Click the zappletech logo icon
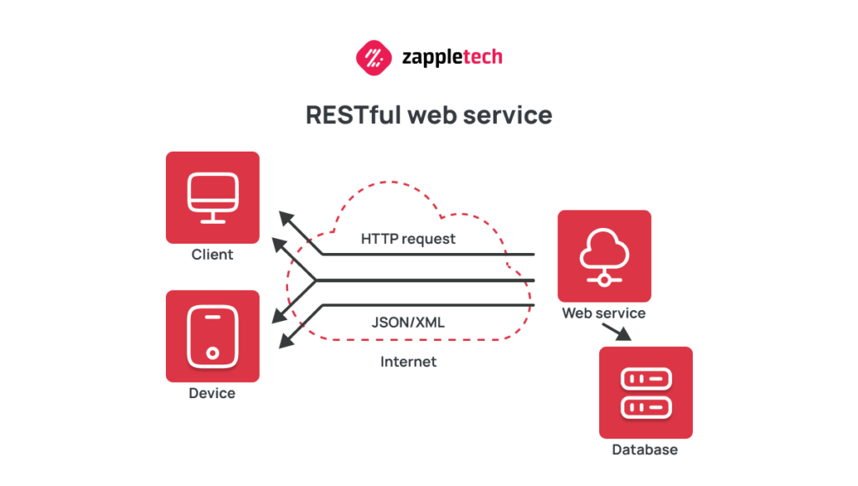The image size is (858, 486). click(x=374, y=58)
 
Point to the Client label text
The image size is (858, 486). click(x=212, y=254)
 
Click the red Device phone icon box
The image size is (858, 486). click(x=212, y=336)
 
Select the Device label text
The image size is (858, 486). click(x=212, y=393)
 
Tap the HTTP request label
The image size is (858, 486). click(x=408, y=239)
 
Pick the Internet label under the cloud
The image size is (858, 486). click(x=408, y=362)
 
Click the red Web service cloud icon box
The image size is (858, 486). click(x=604, y=256)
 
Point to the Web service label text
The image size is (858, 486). click(x=603, y=313)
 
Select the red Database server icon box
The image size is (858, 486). click(x=645, y=392)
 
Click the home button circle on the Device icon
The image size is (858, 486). click(x=213, y=352)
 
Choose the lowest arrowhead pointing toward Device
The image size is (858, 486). click(x=287, y=341)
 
